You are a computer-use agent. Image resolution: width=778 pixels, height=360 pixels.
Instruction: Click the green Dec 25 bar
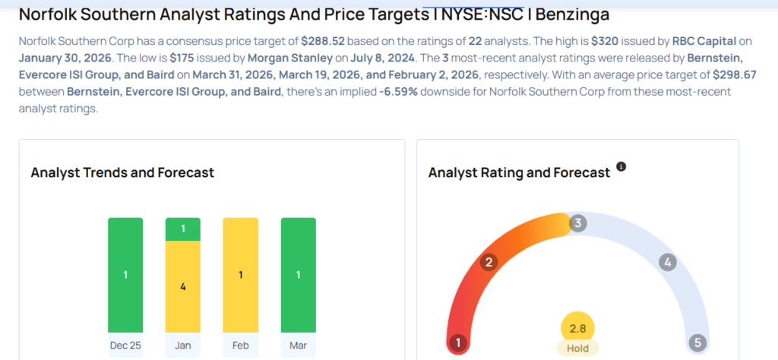click(125, 275)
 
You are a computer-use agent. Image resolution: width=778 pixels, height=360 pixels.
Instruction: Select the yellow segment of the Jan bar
click(183, 286)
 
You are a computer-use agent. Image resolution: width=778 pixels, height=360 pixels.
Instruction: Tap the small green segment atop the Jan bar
click(183, 229)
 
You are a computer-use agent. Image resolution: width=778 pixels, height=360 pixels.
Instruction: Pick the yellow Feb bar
click(241, 275)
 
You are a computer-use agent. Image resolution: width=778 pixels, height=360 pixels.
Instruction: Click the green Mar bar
click(299, 275)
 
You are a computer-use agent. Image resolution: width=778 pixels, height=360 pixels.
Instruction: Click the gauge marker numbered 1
click(457, 343)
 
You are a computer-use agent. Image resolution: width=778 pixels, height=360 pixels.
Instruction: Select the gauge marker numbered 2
click(489, 263)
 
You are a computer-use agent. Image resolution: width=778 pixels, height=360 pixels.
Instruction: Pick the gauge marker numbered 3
click(578, 223)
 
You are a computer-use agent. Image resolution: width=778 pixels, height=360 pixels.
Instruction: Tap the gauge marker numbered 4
click(668, 263)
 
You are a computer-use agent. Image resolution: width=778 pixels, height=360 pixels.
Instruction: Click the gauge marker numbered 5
click(697, 343)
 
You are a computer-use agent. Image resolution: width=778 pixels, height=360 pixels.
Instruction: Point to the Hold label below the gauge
click(577, 348)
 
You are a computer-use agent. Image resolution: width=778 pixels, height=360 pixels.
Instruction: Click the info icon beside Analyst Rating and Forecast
click(621, 166)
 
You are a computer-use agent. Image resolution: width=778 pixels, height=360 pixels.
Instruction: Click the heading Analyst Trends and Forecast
click(122, 172)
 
